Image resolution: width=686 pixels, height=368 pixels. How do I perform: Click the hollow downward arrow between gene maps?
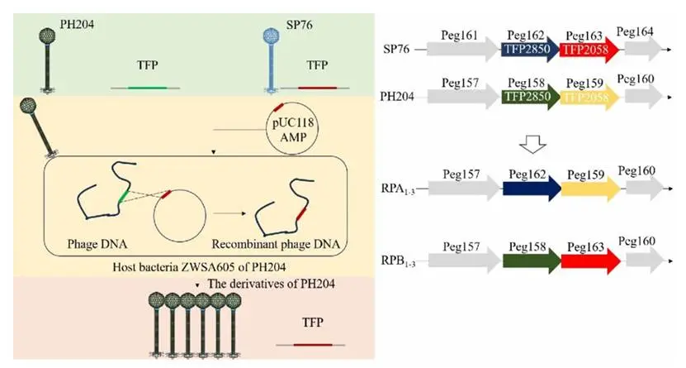[532, 144]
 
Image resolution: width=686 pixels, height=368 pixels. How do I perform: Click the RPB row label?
[400, 263]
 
